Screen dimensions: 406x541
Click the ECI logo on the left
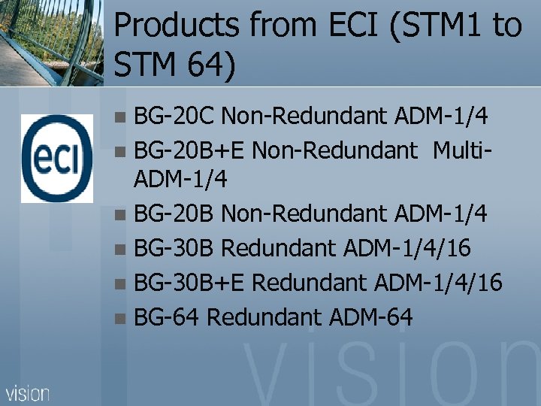pyautogui.click(x=57, y=158)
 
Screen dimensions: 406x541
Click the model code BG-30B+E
pyautogui.click(x=189, y=283)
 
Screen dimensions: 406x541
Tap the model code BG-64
pyautogui.click(x=165, y=317)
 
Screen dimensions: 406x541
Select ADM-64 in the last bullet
pyautogui.click(x=371, y=317)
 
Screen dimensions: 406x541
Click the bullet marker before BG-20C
pyautogui.click(x=123, y=118)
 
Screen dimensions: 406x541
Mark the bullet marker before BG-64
pyautogui.click(x=123, y=319)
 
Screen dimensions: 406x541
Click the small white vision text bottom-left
pyautogui.click(x=28, y=392)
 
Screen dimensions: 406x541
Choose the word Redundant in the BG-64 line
pyautogui.click(x=264, y=317)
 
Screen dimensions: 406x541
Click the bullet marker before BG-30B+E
pyautogui.click(x=123, y=284)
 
